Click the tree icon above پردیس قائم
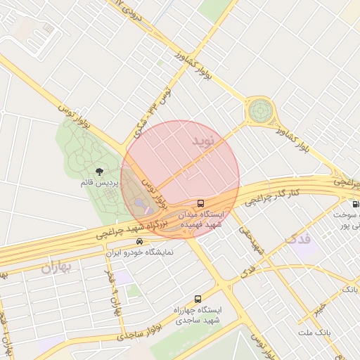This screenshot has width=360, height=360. click(x=98, y=171)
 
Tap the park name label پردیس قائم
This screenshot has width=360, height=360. click(x=98, y=183)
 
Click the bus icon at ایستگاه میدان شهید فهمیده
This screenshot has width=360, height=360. click(x=202, y=203)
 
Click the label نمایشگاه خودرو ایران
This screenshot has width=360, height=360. click(x=139, y=250)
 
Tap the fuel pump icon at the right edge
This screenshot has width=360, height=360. click(x=355, y=204)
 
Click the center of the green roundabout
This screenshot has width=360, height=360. click(x=259, y=110)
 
